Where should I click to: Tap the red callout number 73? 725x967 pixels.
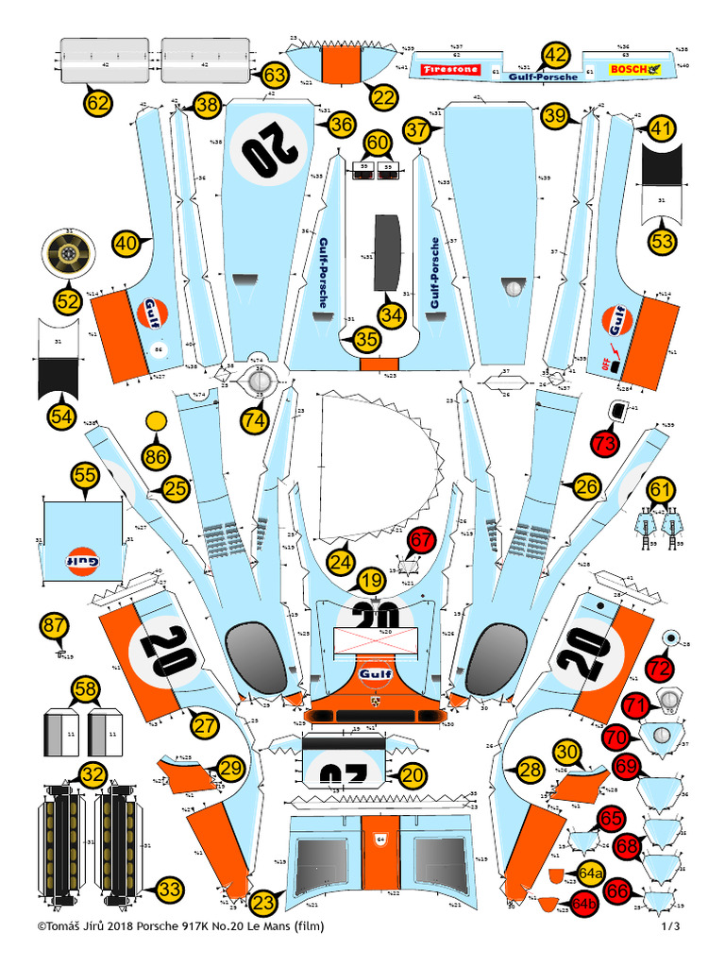click(606, 441)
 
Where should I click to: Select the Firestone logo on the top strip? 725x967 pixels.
click(450, 70)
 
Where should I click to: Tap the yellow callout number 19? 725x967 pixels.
click(372, 580)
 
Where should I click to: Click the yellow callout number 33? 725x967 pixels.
click(170, 889)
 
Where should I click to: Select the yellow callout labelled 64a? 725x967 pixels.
click(592, 873)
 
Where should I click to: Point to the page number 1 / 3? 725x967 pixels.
click(670, 926)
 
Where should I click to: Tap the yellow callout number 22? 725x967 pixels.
click(384, 96)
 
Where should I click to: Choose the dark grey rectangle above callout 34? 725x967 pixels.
click(388, 251)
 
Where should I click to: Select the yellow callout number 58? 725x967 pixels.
click(86, 688)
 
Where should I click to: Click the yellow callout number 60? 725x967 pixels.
click(378, 144)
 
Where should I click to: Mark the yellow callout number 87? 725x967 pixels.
click(55, 625)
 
